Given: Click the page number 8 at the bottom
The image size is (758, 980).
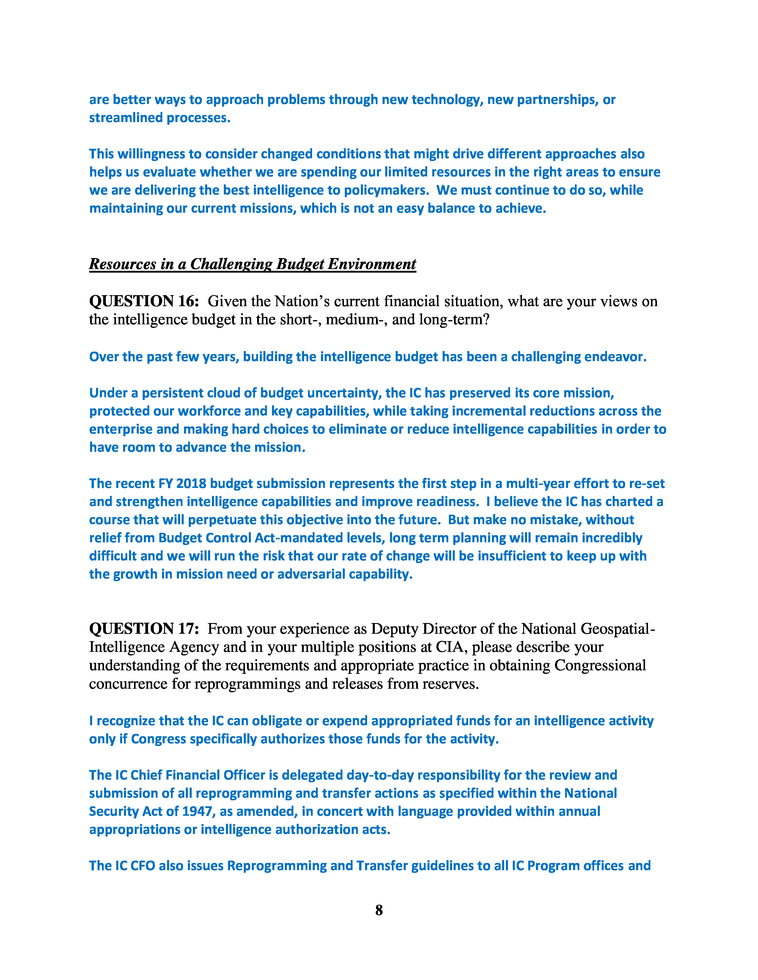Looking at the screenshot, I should coord(379,910).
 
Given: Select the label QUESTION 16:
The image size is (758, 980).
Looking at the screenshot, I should coord(144,301).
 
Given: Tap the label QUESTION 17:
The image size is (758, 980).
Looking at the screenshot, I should coord(144,628).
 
